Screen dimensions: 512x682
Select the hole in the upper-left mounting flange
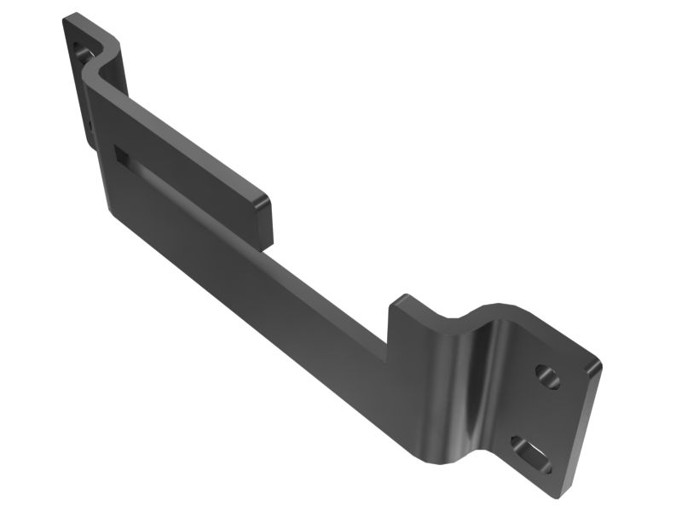tap(83, 52)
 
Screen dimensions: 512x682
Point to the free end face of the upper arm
tap(263, 220)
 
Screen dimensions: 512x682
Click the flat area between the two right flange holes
tap(539, 414)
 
